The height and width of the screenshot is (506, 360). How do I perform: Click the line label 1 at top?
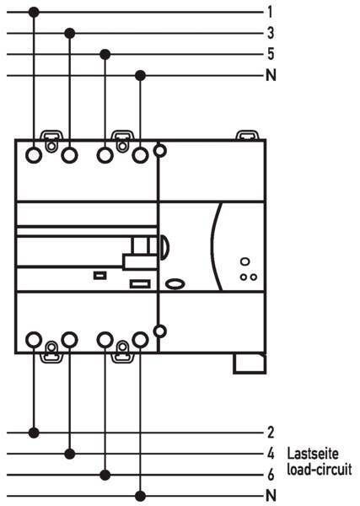click(270, 13)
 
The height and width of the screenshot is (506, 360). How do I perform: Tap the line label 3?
click(271, 33)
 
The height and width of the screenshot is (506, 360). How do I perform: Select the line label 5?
click(271, 54)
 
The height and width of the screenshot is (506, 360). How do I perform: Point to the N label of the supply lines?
click(271, 75)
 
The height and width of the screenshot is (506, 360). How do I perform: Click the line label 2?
click(271, 433)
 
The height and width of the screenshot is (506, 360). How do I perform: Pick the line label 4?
click(271, 454)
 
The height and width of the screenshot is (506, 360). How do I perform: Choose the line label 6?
click(271, 474)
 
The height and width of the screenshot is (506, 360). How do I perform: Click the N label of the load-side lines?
click(271, 495)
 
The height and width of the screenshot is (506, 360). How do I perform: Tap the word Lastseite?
click(313, 454)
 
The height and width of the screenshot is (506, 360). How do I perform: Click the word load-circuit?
click(320, 470)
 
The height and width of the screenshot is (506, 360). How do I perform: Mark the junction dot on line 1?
click(34, 13)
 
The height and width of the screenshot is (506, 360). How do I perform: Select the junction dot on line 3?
click(70, 33)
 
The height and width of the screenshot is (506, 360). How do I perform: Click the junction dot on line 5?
click(105, 54)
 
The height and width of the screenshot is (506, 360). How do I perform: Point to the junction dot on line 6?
click(105, 475)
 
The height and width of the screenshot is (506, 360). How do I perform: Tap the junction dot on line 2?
click(34, 433)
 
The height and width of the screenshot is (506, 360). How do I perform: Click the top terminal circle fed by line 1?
click(34, 155)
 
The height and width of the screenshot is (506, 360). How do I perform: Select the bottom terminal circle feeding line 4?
click(69, 340)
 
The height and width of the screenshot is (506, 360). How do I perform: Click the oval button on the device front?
click(175, 284)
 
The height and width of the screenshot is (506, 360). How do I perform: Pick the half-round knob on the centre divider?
click(164, 247)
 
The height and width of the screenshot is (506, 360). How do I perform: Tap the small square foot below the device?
click(250, 363)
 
